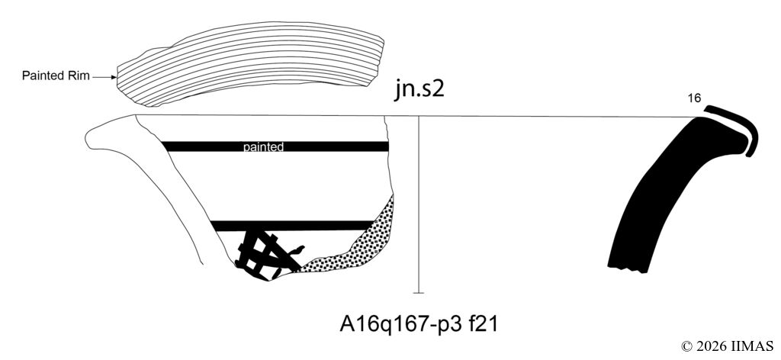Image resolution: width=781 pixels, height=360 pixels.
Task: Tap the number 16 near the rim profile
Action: click(694, 98)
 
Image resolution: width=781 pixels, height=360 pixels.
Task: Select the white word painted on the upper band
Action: click(263, 147)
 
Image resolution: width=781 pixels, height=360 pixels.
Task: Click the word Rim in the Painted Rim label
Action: click(79, 76)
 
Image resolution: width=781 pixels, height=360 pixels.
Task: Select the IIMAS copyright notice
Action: click(727, 346)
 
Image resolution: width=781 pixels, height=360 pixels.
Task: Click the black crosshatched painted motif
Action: click(266, 255)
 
